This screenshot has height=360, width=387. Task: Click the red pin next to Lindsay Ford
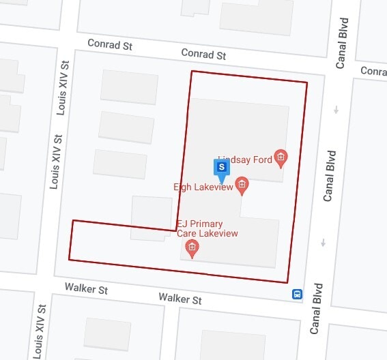[x=281, y=158]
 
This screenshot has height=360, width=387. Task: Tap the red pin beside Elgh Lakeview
[x=241, y=183]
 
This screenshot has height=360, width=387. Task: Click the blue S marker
[x=221, y=167]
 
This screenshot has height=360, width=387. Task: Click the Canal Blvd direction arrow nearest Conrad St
[x=336, y=110]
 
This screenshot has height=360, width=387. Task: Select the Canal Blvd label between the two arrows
[x=329, y=176]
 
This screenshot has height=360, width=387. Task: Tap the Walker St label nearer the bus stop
[x=180, y=299]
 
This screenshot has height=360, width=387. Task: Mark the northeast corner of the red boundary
[x=306, y=83]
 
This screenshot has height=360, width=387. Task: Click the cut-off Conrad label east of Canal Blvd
[x=373, y=71]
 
